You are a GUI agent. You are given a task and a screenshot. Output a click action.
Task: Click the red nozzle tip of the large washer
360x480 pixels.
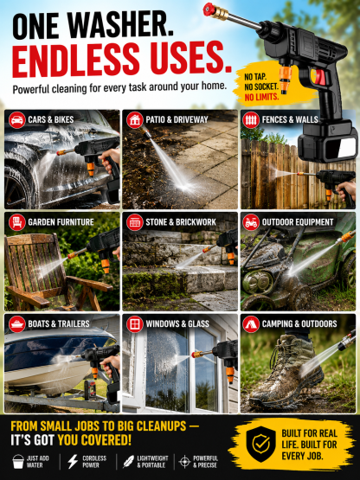coord(209,9)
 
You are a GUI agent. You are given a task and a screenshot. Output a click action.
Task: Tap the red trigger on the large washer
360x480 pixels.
coord(320,77)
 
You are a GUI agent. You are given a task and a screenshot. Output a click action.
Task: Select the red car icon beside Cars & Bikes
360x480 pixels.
coord(17,119)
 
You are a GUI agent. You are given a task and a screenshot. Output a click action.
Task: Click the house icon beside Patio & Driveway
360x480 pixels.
coord(135,119)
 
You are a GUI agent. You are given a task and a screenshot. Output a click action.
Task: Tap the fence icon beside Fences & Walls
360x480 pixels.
coord(251,119)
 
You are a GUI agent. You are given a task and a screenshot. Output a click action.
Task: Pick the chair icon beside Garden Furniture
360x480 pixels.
coord(17,222)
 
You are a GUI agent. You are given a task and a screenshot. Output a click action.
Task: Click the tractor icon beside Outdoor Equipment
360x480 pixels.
coord(251,222)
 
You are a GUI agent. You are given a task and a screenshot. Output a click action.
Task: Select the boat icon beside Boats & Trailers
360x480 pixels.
coord(17,324)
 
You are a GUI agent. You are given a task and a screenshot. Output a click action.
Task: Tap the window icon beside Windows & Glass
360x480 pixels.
coord(135,324)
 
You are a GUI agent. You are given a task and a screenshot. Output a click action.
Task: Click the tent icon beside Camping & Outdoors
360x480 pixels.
coord(251,324)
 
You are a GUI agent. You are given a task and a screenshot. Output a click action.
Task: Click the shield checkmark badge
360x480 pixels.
coord(261,444)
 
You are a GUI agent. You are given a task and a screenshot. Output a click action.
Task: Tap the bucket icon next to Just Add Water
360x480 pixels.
coord(18,461)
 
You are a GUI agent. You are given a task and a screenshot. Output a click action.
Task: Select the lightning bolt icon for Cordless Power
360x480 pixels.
coord(73,461)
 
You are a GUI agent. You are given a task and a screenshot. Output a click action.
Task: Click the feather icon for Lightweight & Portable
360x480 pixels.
coord(128,462)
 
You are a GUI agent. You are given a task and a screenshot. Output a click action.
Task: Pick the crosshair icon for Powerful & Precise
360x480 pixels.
coord(184,462)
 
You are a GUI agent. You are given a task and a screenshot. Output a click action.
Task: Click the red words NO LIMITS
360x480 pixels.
coord(261,98)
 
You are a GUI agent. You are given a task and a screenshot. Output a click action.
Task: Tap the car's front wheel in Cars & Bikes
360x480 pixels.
coord(17,188)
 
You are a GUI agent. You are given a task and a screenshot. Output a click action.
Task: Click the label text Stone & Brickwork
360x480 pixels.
coord(181,222)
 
